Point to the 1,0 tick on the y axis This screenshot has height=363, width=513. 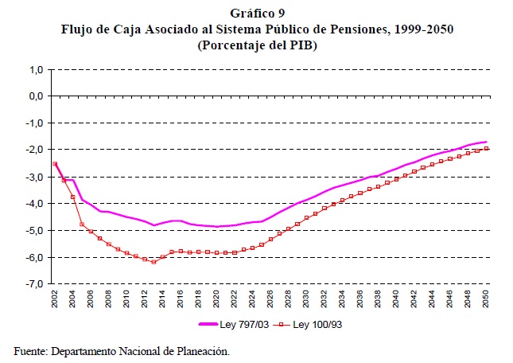pos(34,69)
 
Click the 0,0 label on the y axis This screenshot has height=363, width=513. pos(34,96)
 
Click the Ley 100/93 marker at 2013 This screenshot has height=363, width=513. pos(154,262)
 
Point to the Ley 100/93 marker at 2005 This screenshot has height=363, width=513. pos(82,224)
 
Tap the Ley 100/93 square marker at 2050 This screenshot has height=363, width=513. pos(486,148)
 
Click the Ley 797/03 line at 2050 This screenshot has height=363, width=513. pos(486,142)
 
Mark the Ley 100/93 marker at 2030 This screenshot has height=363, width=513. pos(306,217)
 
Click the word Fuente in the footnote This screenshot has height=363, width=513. pos(29,350)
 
